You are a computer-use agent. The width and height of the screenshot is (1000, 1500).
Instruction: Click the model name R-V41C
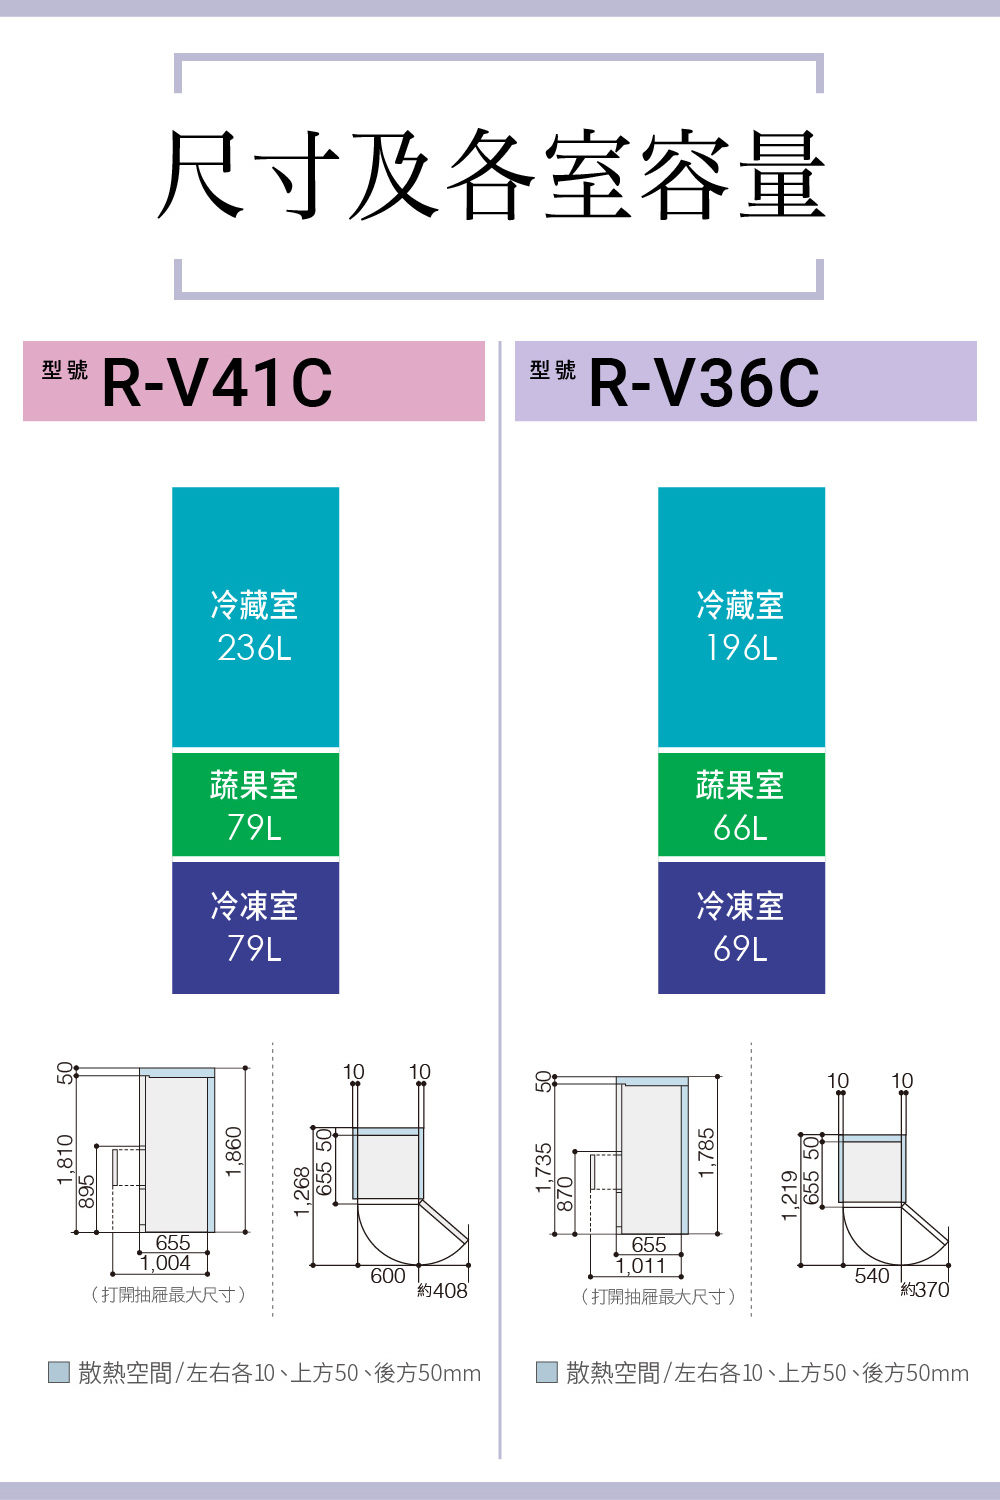(217, 383)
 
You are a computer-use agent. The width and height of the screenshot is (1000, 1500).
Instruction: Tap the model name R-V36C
(704, 383)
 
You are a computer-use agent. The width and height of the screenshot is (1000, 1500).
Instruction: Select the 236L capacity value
(255, 648)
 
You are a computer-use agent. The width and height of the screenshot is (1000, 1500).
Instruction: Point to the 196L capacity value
(741, 648)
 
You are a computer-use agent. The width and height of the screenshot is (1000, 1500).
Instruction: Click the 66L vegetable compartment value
(741, 828)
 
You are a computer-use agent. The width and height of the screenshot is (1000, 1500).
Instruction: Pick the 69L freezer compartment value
(741, 948)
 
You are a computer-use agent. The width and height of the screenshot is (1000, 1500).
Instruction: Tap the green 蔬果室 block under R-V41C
(255, 805)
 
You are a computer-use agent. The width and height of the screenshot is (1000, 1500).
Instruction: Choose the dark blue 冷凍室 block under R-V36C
(741, 927)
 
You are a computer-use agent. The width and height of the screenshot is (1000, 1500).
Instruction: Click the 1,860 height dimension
(234, 1152)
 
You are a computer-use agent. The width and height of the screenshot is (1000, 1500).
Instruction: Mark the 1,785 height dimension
(706, 1153)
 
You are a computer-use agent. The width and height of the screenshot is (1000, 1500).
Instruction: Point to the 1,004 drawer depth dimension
(165, 1264)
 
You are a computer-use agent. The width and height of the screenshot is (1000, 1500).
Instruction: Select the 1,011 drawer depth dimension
(641, 1266)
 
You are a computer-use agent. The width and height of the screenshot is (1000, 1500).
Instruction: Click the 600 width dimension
(388, 1276)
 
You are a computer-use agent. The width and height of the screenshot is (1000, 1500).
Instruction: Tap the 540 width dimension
(872, 1276)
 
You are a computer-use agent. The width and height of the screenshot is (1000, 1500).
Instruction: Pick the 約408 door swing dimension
(443, 1291)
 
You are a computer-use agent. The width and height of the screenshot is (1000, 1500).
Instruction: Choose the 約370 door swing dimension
(925, 1290)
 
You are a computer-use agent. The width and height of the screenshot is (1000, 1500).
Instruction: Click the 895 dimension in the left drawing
(87, 1190)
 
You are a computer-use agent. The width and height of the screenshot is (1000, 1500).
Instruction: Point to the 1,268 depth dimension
(302, 1191)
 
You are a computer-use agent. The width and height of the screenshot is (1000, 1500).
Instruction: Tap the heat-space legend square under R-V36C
(546, 1372)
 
